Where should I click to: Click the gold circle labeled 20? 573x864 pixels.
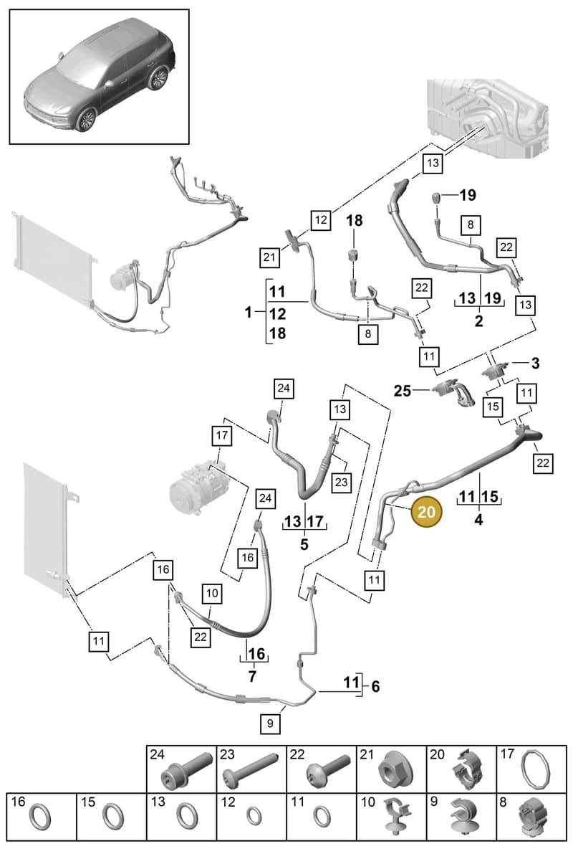click(426, 512)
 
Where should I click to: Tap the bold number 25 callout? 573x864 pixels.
click(403, 391)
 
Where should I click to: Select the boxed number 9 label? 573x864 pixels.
click(270, 723)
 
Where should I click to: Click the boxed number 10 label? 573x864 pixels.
click(212, 593)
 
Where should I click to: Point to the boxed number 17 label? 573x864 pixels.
click(221, 435)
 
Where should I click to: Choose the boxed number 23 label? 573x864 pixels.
click(342, 482)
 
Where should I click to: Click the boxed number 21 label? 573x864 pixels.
click(269, 257)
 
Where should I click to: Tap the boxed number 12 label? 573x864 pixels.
click(321, 220)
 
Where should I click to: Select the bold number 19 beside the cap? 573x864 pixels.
click(468, 195)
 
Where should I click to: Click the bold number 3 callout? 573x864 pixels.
click(535, 364)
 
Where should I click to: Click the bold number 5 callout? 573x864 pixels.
click(304, 544)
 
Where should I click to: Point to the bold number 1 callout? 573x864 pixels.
click(249, 313)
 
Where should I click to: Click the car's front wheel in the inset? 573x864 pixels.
click(87, 119)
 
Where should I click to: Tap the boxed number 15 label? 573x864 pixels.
click(493, 407)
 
